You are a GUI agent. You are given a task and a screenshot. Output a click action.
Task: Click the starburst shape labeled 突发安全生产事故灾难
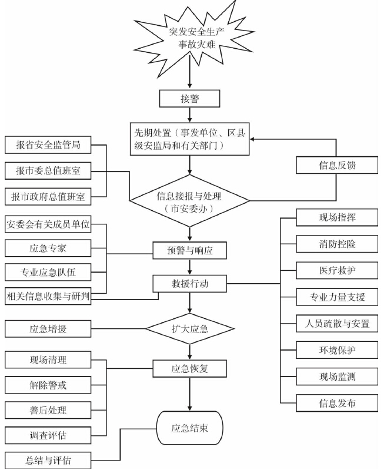[x=189, y=35]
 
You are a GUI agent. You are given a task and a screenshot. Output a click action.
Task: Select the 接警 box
[x=189, y=99]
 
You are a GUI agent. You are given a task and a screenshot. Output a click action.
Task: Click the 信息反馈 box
[x=335, y=166]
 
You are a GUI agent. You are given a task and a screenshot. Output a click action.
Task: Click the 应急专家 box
[x=48, y=248]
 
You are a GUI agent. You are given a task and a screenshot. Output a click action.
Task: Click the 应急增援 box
[x=48, y=328]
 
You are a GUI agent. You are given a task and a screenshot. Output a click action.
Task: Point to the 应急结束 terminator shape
[x=189, y=427]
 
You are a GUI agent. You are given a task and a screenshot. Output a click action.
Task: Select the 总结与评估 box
[x=48, y=460]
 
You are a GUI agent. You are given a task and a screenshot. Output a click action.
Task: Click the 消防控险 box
[x=335, y=243]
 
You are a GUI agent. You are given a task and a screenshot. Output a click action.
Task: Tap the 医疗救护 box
[x=335, y=270]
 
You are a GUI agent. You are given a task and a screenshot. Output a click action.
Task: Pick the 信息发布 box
[x=335, y=403]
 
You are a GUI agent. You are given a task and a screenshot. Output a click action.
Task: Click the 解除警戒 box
[x=48, y=385]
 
